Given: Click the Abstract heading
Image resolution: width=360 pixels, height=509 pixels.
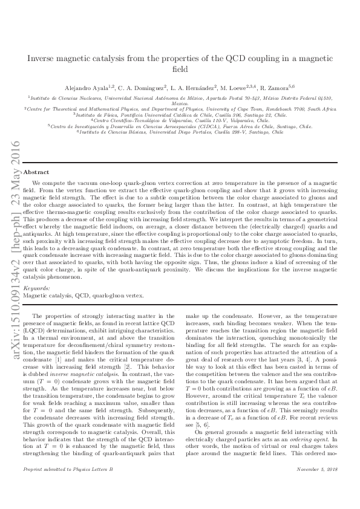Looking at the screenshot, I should tap(36, 172).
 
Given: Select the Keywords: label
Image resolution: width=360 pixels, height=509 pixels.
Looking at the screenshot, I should tap(36, 290).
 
